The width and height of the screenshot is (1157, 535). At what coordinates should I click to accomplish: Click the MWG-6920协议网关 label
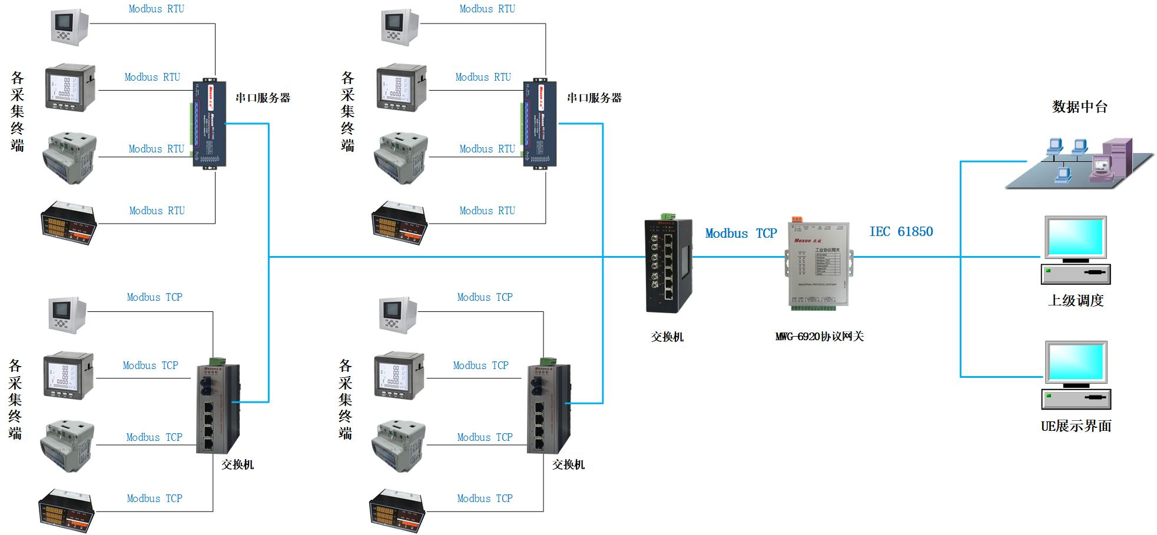click(x=819, y=337)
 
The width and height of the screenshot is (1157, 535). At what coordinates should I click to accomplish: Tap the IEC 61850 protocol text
click(x=901, y=232)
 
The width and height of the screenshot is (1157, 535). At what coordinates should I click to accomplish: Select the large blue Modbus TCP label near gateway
click(x=741, y=234)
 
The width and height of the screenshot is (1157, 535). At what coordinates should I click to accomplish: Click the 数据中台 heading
click(x=1080, y=107)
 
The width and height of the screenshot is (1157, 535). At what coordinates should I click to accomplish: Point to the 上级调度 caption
click(x=1076, y=301)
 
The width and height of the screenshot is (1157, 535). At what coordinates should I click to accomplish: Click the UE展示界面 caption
click(x=1076, y=426)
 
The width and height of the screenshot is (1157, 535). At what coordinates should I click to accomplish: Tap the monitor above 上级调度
click(x=1075, y=238)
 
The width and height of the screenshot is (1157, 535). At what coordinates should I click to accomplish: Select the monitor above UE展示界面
click(x=1075, y=363)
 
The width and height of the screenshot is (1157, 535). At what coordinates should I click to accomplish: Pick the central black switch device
click(x=669, y=265)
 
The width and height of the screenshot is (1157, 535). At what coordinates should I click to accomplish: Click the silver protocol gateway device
click(x=818, y=266)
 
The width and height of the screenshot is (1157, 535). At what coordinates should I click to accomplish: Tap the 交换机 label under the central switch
click(x=667, y=337)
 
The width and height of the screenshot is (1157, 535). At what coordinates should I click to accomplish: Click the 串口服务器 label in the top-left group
click(x=263, y=98)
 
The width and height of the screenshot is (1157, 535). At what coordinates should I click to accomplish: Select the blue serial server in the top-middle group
click(x=539, y=124)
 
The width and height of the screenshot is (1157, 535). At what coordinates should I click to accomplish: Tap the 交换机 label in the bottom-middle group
click(x=568, y=465)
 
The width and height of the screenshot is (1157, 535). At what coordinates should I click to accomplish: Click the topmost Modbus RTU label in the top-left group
click(x=156, y=9)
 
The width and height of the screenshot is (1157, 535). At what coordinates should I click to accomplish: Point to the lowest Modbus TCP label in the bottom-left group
click(x=154, y=499)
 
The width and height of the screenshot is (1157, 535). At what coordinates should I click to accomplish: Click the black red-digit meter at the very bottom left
click(x=66, y=510)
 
